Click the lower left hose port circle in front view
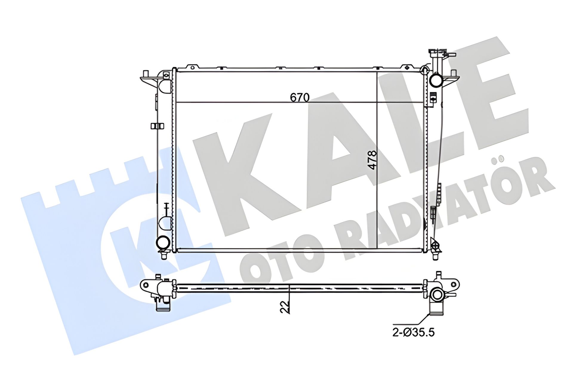coord(163,242)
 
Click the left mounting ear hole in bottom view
coord(146,286)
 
